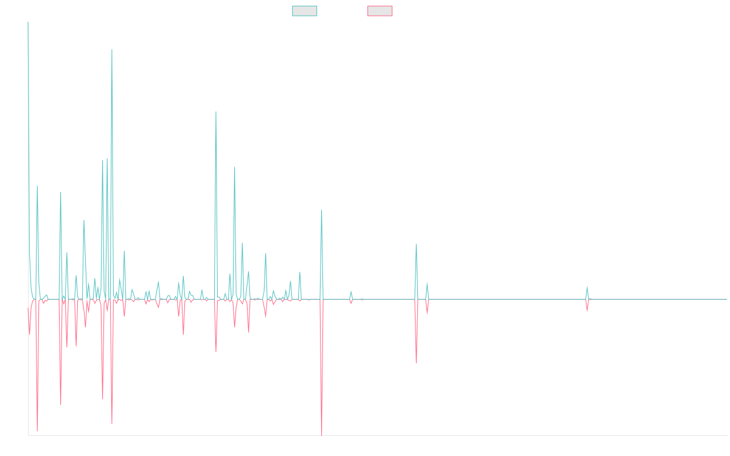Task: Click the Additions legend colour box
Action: pyautogui.click(x=305, y=11)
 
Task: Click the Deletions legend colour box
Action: pyautogui.click(x=380, y=11)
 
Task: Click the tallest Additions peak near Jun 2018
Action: pyautogui.click(x=112, y=50)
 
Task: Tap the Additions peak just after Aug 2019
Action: pyautogui.click(x=216, y=112)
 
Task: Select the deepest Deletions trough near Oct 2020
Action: pyautogui.click(x=321, y=434)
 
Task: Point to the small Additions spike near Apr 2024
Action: pyautogui.click(x=587, y=286)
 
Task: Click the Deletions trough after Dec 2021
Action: pyautogui.click(x=416, y=363)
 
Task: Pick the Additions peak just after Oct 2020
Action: pyautogui.click(x=322, y=210)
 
